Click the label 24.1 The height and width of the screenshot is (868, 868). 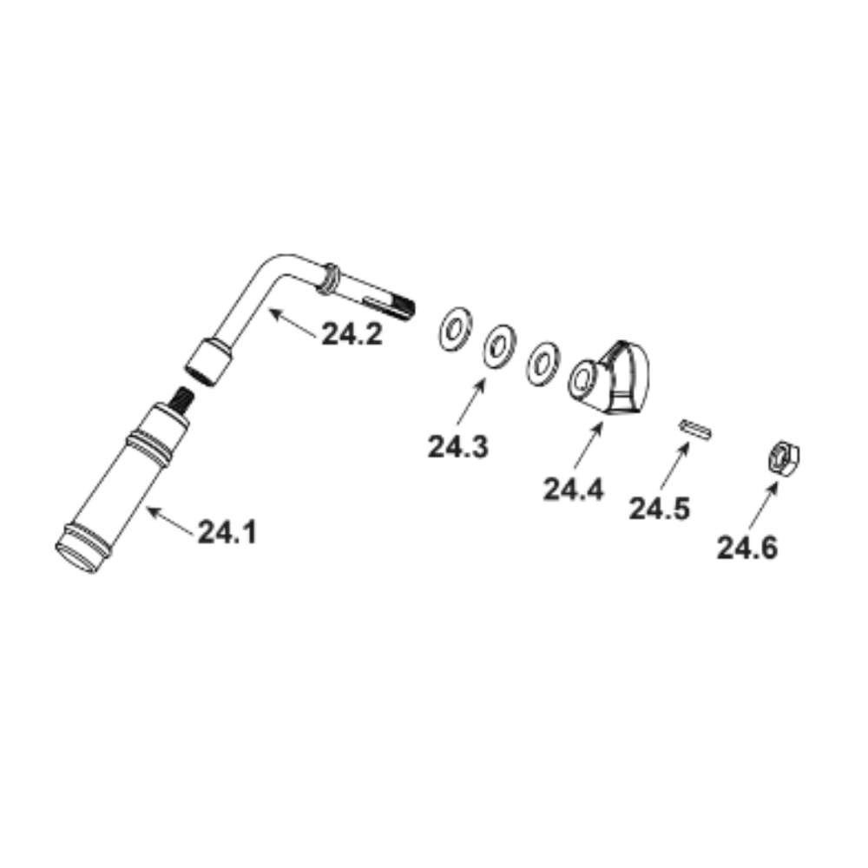click(227, 533)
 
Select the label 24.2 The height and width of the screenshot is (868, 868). click(352, 334)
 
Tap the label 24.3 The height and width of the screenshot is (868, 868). click(457, 447)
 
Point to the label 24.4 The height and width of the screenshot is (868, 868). click(574, 490)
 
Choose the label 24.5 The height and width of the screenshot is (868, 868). click(660, 508)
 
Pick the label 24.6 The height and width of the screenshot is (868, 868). click(747, 548)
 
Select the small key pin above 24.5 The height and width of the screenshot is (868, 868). click(694, 431)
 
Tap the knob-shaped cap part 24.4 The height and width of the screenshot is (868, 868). click(609, 378)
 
